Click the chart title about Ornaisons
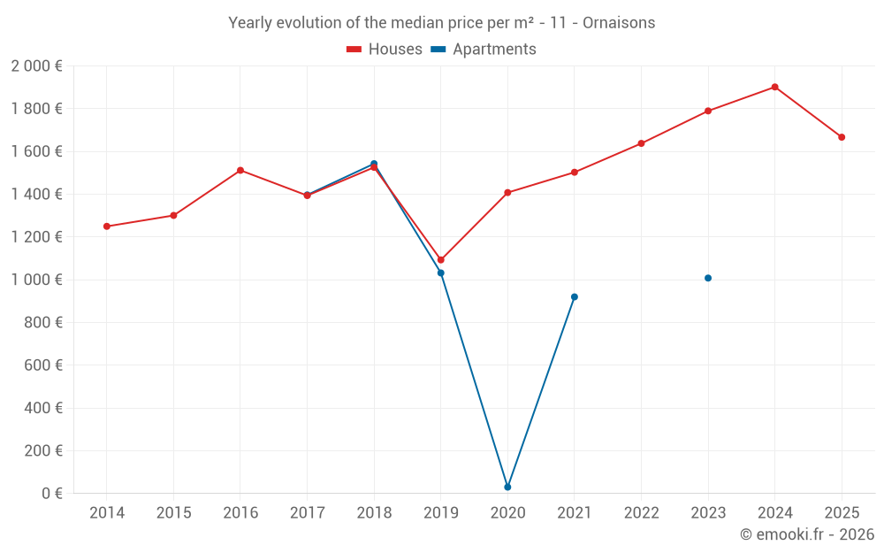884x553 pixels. tap(442, 23)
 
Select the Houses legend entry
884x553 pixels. tap(385, 50)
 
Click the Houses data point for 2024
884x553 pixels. tap(774, 87)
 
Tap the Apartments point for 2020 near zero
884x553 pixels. tap(507, 487)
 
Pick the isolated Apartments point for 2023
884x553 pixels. tap(708, 278)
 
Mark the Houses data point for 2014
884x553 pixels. tap(107, 227)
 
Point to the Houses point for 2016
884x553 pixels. tap(240, 170)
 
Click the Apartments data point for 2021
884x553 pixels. tap(575, 296)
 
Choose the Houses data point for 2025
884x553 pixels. tap(842, 137)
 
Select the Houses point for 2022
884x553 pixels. tap(641, 143)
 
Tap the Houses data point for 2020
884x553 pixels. tap(507, 192)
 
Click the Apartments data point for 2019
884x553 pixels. tap(441, 273)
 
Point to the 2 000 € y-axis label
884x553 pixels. tap(36, 66)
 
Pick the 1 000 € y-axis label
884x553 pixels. tap(36, 280)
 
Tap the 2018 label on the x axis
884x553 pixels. tap(374, 513)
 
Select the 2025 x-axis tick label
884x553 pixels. tap(842, 513)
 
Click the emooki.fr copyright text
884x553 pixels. tap(806, 534)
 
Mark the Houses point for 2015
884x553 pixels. tap(173, 215)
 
